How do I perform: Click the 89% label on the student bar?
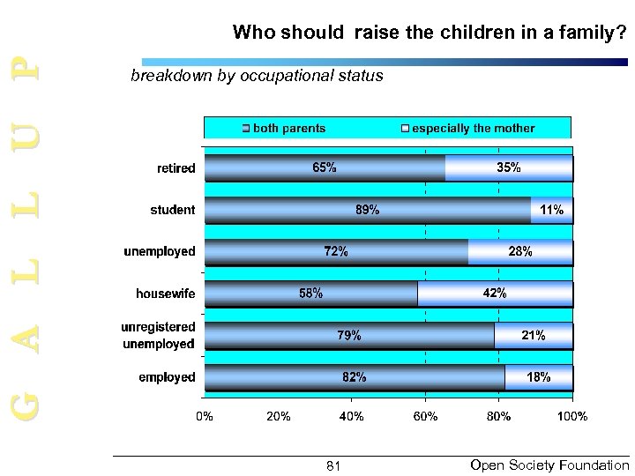tap(368, 210)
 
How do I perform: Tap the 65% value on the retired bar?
tap(324, 167)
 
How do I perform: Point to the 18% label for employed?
tap(538, 377)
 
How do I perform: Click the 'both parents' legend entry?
tap(284, 129)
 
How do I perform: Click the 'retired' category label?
tap(176, 167)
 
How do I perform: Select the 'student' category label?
tap(174, 210)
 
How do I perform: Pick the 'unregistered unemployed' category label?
tap(157, 335)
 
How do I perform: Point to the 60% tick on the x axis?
tap(425, 415)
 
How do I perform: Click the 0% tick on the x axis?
tap(204, 415)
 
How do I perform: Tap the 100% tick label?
tap(571, 415)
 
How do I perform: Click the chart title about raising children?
tap(429, 33)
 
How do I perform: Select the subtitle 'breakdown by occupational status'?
tap(257, 76)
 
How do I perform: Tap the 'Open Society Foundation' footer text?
tap(549, 464)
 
